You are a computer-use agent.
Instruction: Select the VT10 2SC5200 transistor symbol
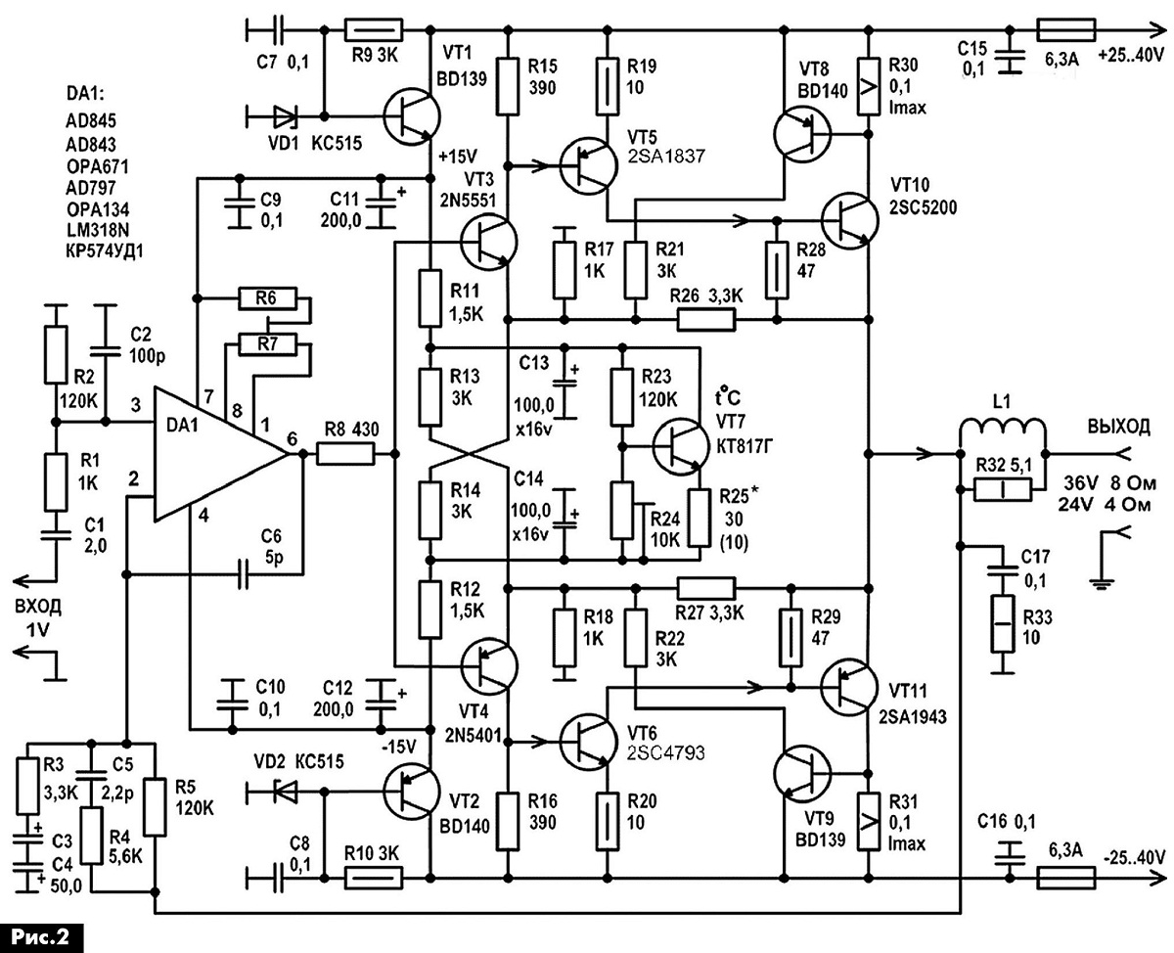[849, 220]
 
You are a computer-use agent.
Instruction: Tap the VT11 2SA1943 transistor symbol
[848, 687]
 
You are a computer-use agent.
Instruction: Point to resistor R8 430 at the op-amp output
[345, 454]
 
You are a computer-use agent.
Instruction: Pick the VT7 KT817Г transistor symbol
[681, 446]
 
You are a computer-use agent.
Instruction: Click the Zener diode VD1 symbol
[287, 116]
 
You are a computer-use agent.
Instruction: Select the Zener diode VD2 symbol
[287, 793]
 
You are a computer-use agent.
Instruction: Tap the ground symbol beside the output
[1103, 573]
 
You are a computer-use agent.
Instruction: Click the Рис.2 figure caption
[41, 937]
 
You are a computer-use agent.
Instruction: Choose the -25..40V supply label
[1134, 858]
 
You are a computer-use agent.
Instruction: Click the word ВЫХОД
[1119, 426]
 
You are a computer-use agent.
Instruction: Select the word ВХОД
[38, 607]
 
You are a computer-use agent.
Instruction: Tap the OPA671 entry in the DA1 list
[98, 166]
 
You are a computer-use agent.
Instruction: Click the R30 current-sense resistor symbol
[869, 86]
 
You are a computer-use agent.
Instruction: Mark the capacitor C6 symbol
[243, 575]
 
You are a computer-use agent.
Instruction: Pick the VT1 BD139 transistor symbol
[412, 116]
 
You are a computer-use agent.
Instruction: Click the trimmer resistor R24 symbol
[625, 511]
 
